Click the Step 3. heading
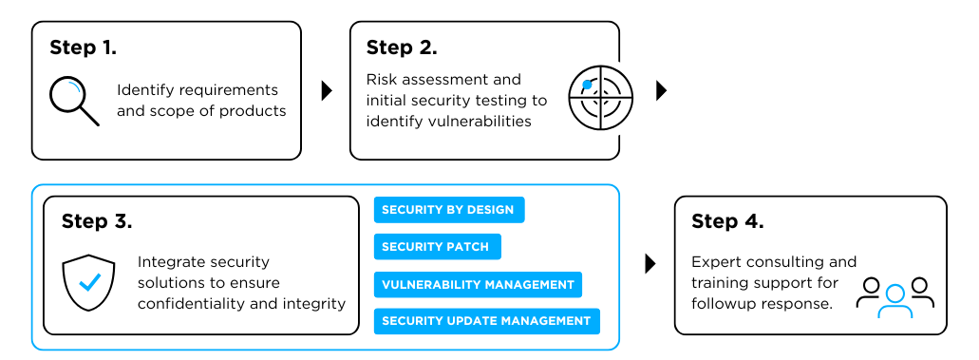point(97,221)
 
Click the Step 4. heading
point(727,221)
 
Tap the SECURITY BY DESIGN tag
point(448,210)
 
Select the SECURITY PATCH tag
point(436,247)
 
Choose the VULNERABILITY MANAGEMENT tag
point(478,284)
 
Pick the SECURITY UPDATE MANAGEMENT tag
point(486,321)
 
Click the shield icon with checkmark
point(89,281)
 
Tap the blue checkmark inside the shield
point(90,282)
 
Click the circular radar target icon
point(607,98)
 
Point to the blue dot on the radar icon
point(588,85)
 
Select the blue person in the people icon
point(894,300)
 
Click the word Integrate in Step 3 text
point(170,261)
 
